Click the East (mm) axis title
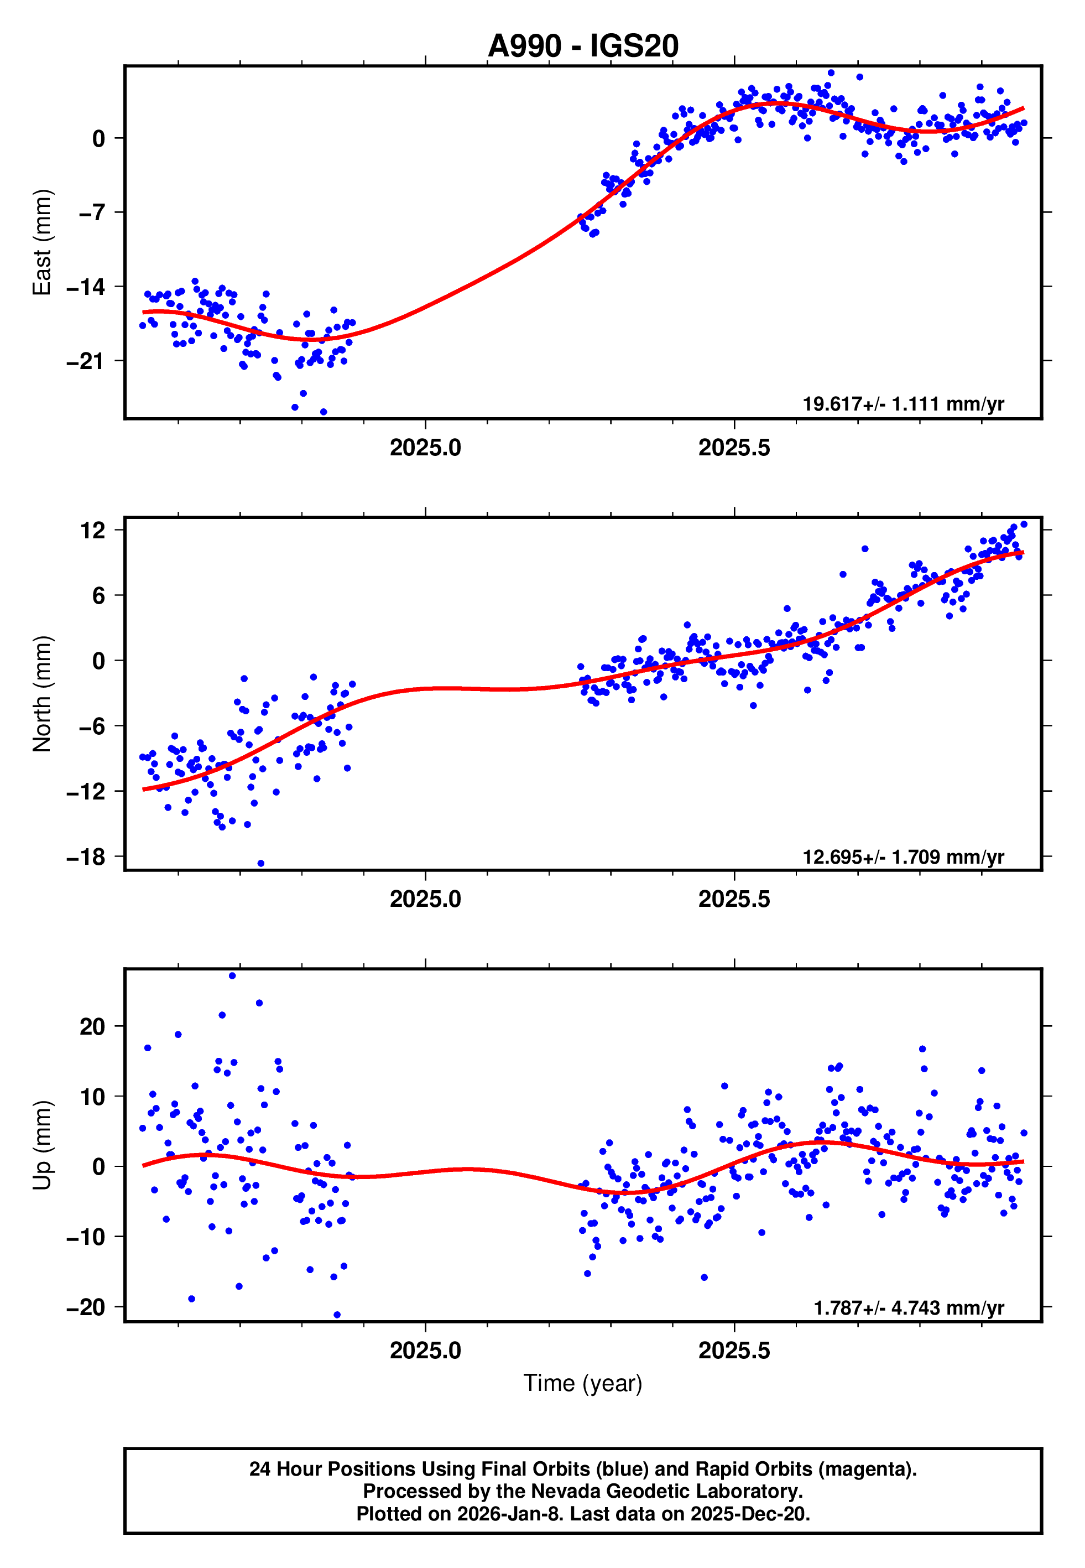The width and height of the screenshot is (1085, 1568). click(42, 242)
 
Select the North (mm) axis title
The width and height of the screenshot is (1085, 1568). click(42, 694)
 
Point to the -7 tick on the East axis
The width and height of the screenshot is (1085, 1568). click(92, 213)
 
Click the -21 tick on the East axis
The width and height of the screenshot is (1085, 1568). click(86, 361)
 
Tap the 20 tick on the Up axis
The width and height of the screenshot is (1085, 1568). click(92, 1026)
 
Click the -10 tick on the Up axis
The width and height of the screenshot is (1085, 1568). click(86, 1237)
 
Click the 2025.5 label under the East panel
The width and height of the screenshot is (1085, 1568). click(734, 448)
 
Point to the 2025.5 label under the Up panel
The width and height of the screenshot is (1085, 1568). click(734, 1351)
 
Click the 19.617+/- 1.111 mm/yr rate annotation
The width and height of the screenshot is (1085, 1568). click(903, 404)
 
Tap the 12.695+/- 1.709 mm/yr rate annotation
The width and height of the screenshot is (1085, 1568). click(903, 856)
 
